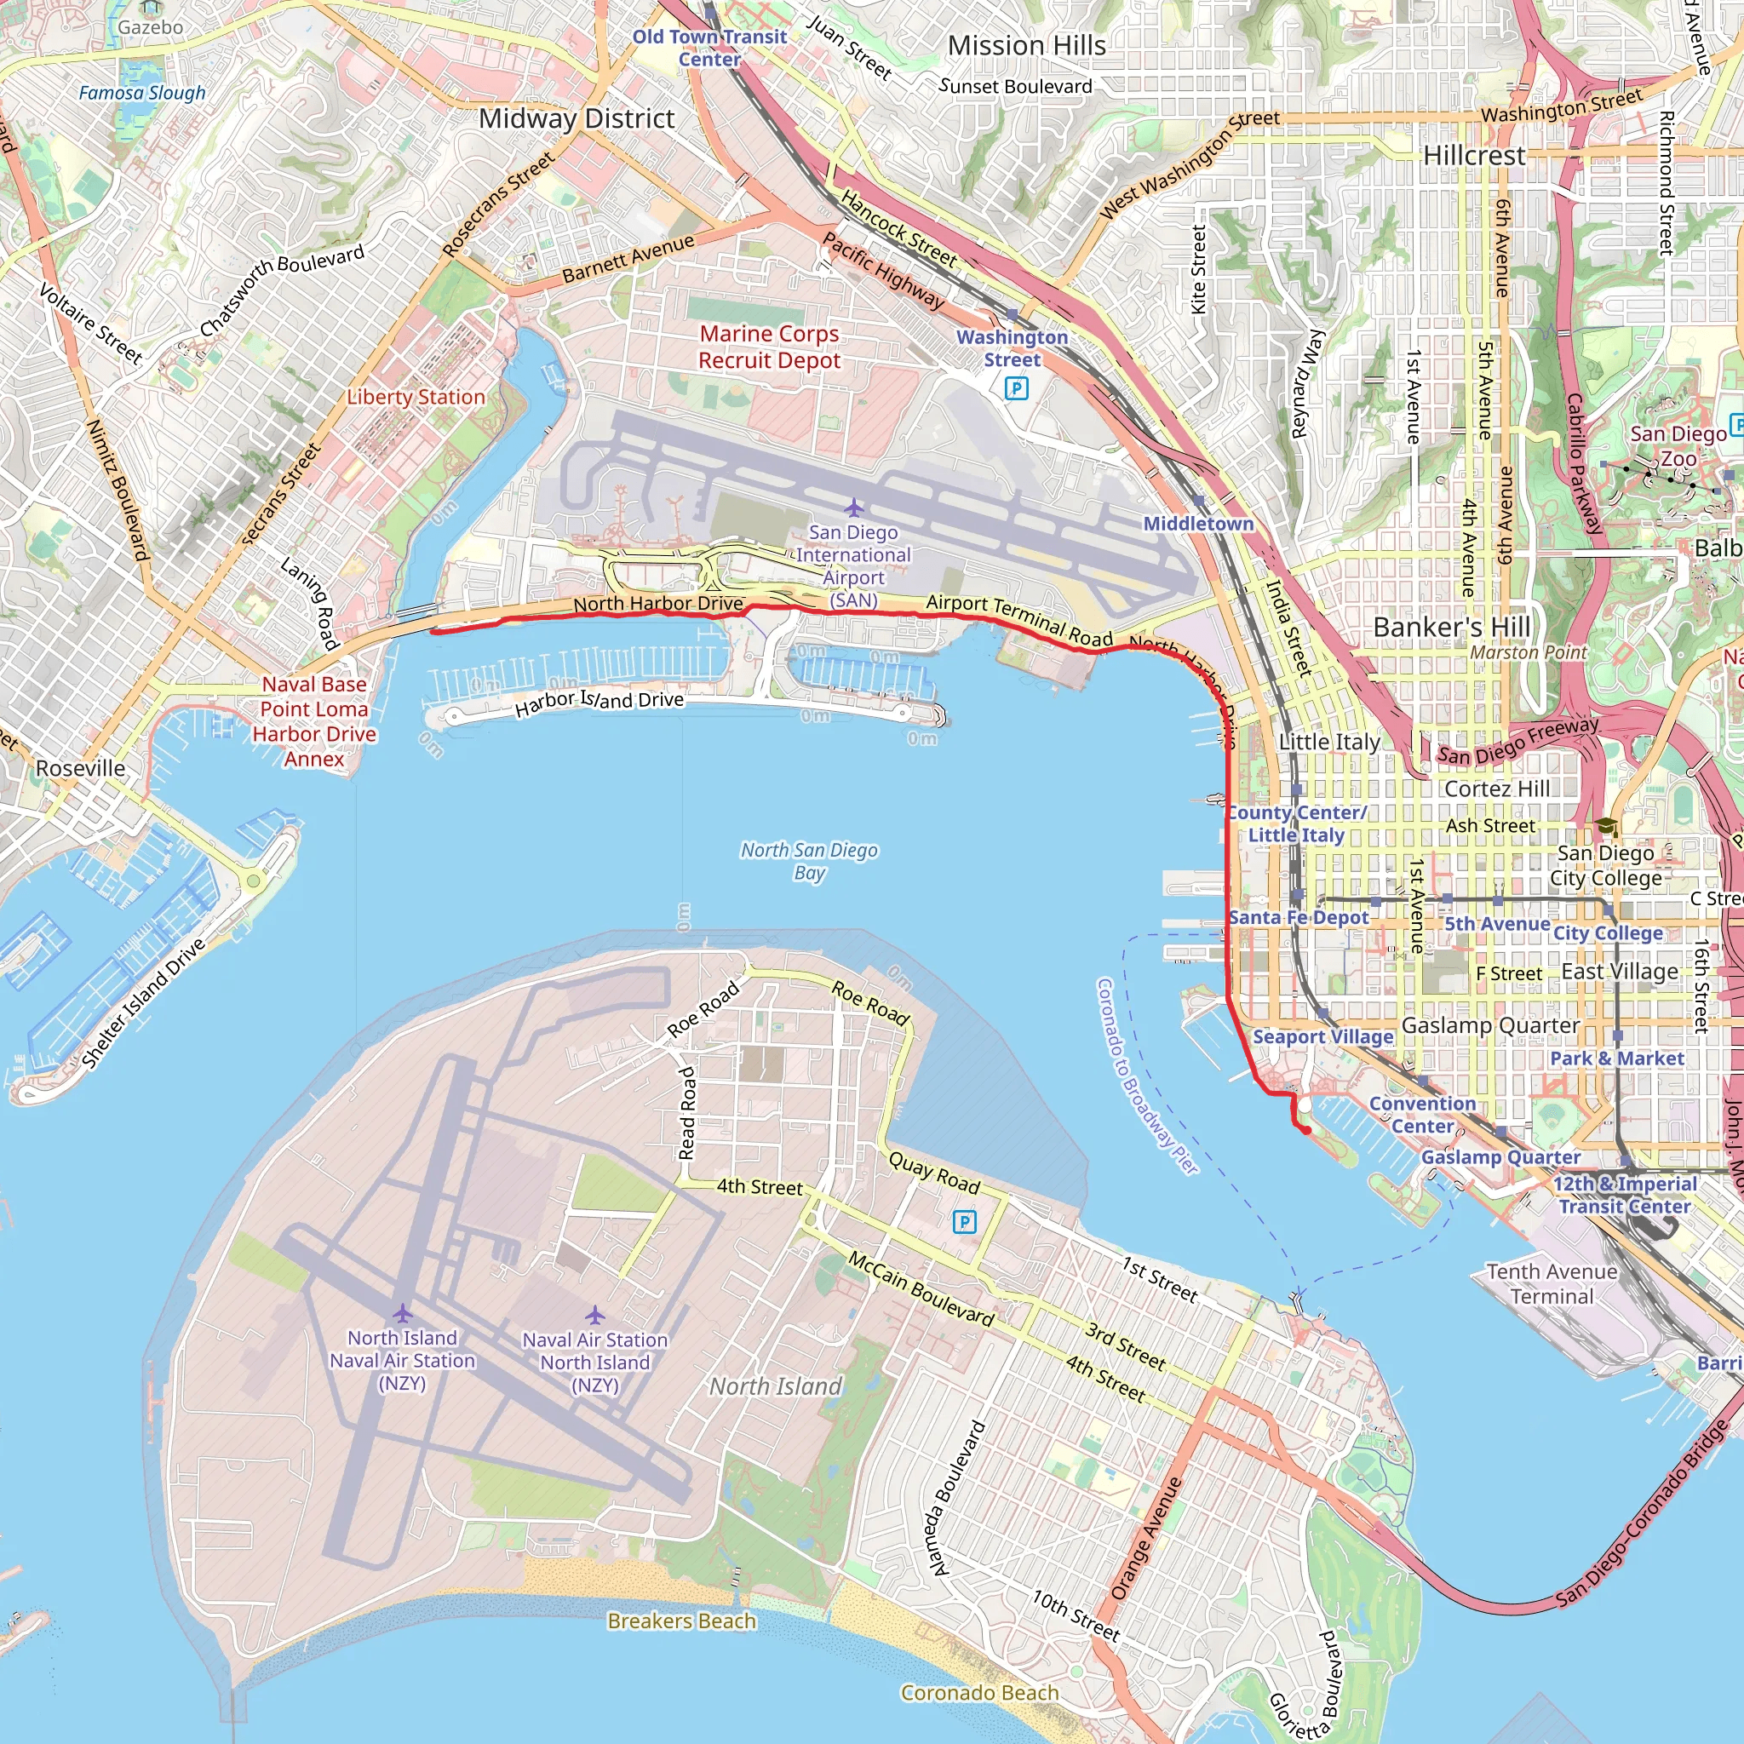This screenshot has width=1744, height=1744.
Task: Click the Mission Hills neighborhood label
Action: [x=1026, y=45]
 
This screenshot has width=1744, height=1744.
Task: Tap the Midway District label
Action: [x=576, y=118]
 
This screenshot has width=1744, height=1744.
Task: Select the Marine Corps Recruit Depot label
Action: [x=769, y=347]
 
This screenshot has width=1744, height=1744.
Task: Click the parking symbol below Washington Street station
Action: [x=1017, y=388]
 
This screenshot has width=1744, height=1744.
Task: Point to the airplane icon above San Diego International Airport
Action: [x=853, y=508]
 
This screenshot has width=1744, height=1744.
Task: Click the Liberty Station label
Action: [x=416, y=397]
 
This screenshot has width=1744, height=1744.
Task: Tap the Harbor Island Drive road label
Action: [x=599, y=702]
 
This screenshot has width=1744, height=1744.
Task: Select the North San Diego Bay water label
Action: [x=809, y=860]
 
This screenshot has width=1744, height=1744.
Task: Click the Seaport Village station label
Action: [x=1322, y=1036]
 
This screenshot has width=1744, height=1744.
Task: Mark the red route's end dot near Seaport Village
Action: [x=1306, y=1129]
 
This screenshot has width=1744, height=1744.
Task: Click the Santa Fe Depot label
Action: [x=1298, y=917]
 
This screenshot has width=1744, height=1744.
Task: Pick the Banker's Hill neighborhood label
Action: [x=1452, y=627]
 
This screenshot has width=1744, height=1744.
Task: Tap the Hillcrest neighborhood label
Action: [x=1474, y=155]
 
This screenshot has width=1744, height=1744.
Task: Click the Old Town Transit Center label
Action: [x=709, y=48]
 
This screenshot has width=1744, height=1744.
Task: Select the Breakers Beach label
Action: [x=681, y=1621]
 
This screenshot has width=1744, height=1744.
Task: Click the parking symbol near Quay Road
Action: [x=964, y=1222]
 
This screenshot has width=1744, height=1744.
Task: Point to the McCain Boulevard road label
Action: [x=921, y=1289]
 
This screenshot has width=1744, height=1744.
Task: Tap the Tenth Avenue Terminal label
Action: [x=1552, y=1283]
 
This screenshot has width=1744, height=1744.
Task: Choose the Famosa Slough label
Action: [x=141, y=93]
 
